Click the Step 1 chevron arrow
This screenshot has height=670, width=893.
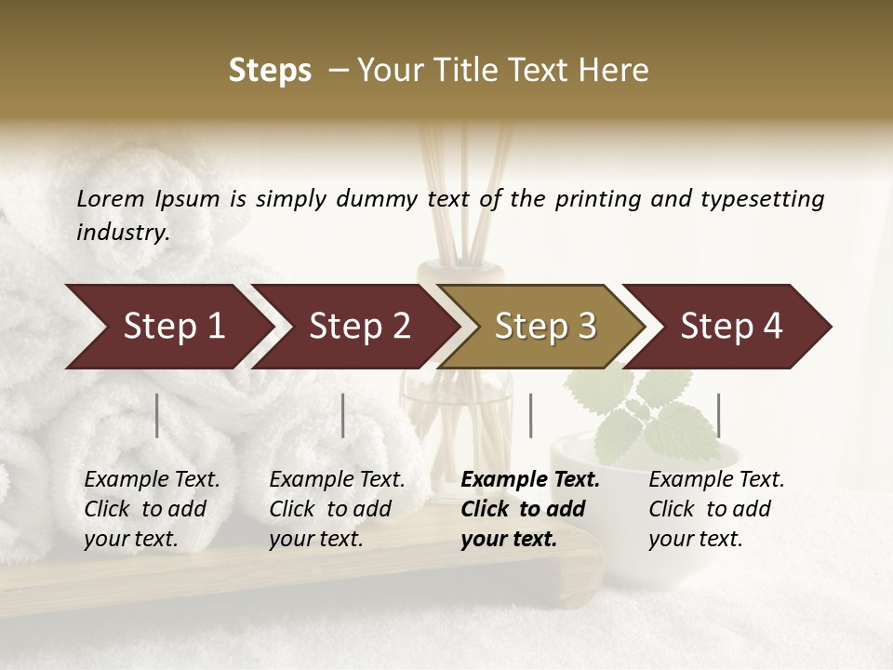[173, 327]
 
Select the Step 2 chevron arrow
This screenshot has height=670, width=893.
[359, 327]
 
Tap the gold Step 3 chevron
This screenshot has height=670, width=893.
[545, 327]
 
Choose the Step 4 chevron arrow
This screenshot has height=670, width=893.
[731, 327]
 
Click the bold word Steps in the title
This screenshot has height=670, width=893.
[270, 71]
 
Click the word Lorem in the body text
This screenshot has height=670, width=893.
[110, 198]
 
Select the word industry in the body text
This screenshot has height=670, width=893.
[123, 233]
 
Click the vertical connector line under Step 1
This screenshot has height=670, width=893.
[157, 415]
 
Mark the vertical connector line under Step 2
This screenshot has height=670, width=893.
[343, 415]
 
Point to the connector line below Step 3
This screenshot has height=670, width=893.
[530, 415]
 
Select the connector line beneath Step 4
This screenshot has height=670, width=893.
[718, 415]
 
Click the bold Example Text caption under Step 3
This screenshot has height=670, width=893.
[530, 509]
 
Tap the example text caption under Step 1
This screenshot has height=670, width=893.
[152, 509]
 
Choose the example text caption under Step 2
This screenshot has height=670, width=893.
[337, 509]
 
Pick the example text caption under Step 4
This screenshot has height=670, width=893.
[716, 509]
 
